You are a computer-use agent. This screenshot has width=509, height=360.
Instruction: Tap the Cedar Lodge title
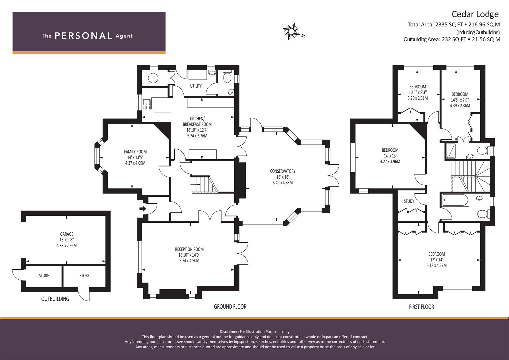pyautogui.click(x=475, y=14)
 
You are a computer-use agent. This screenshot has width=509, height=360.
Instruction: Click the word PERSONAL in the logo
pyautogui.click(x=83, y=36)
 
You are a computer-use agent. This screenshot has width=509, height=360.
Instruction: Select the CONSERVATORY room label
pyautogui.click(x=283, y=171)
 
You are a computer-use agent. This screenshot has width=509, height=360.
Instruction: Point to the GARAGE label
pyautogui.click(x=67, y=234)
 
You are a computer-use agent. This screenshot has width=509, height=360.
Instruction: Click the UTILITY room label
pyautogui.click(x=196, y=86)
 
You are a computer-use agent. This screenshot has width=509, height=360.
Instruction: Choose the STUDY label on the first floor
pyautogui.click(x=409, y=201)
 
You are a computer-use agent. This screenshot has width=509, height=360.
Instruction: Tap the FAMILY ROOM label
pyautogui.click(x=135, y=152)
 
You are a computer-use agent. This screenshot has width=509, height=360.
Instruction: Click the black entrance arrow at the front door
pyautogui.click(x=143, y=209)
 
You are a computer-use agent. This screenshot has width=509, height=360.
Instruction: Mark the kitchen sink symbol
pyautogui.click(x=147, y=105)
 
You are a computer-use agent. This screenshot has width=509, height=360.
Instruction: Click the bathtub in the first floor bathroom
pyautogui.click(x=455, y=200)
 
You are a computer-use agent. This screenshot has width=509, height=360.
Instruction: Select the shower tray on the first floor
pyautogui.click(x=451, y=151)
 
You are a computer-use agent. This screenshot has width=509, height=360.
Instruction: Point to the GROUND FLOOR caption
pyautogui.click(x=230, y=307)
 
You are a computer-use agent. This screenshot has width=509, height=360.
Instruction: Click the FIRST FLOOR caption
pyautogui.click(x=422, y=307)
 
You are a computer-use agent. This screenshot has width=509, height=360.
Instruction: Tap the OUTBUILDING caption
pyautogui.click(x=55, y=299)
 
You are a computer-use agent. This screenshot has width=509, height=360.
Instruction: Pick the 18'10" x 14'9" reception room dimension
pyautogui.click(x=189, y=255)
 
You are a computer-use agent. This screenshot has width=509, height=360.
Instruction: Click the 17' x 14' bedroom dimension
pyautogui.click(x=437, y=260)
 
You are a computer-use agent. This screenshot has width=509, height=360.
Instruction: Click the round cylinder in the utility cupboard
pyautogui.click(x=153, y=78)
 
